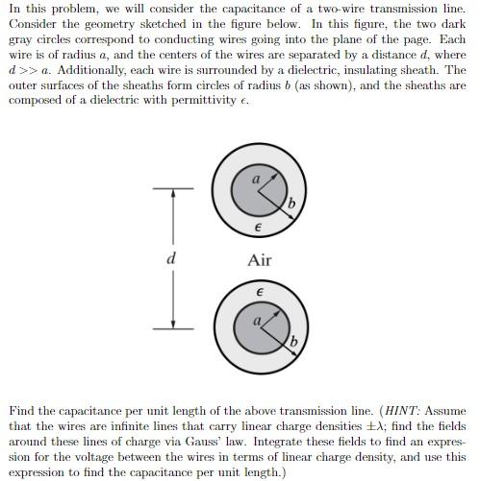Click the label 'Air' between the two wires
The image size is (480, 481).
coord(260,260)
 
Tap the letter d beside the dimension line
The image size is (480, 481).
coord(172,258)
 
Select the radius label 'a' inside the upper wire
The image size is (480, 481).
coord(256,179)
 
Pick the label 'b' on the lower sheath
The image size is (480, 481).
coord(293,343)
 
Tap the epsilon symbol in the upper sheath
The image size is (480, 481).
coord(257,228)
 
